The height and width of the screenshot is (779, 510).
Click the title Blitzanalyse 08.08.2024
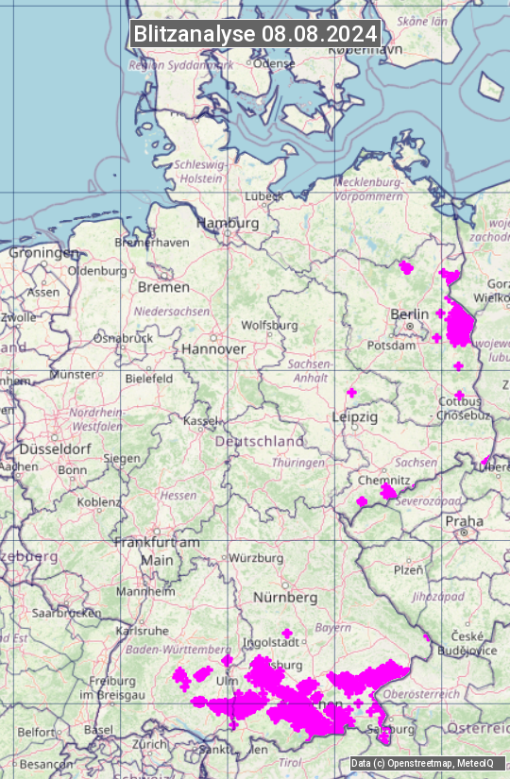255,34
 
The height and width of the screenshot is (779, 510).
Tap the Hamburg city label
228,224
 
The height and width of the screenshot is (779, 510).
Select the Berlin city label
409,313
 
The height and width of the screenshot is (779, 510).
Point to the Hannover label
213,348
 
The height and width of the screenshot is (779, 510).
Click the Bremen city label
163,287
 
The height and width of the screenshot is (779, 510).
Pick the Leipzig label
354,416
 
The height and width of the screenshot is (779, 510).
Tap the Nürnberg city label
285,598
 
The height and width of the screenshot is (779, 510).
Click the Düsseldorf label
53,449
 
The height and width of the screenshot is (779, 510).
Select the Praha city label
464,521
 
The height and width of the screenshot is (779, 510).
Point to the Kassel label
201,419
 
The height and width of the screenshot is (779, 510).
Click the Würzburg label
257,558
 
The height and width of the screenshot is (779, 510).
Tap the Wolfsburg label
269,325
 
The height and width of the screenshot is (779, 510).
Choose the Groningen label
43,253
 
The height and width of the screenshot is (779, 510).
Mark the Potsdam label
398,346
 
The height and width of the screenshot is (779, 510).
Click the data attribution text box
427,764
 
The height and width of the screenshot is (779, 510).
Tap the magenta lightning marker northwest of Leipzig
351,392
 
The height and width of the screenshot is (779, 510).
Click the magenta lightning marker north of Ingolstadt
287,633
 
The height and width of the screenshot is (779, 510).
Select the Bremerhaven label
151,242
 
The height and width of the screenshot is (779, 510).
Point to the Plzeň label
408,570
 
